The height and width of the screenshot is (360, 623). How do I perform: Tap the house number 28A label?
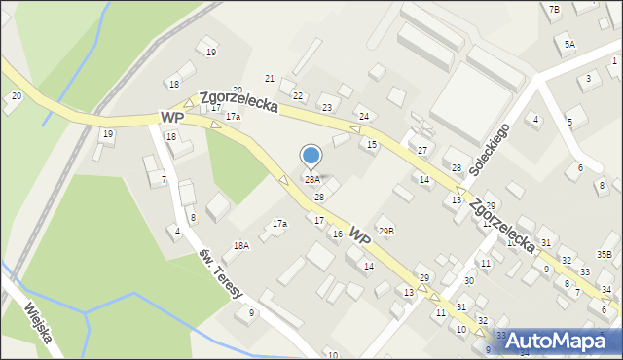click(311, 180)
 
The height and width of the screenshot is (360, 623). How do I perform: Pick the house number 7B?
click(554, 10)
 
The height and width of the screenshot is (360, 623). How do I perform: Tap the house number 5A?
click(569, 44)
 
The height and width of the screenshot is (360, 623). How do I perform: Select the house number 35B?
click(605, 254)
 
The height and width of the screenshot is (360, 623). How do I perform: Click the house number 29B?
click(386, 231)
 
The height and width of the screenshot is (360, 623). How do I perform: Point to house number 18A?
click(240, 246)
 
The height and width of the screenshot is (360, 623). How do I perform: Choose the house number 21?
click(270, 78)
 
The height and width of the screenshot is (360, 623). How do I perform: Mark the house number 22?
click(299, 95)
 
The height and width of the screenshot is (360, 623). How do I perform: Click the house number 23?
click(327, 107)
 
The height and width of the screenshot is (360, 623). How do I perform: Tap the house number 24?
click(363, 116)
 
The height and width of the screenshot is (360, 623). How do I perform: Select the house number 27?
click(421, 150)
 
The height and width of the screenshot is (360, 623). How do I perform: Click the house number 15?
click(371, 144)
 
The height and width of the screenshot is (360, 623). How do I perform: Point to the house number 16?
click(337, 234)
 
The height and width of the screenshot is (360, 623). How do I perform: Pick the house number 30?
click(468, 280)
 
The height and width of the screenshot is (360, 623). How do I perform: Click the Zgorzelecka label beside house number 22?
click(239, 101)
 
